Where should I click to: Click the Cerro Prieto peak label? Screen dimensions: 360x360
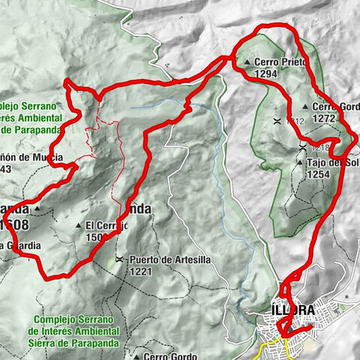click(280, 63)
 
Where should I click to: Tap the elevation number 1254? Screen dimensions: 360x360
click(319, 173)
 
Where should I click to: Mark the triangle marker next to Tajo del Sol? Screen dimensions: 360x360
click(300, 163)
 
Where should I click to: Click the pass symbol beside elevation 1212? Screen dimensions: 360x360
click(277, 120)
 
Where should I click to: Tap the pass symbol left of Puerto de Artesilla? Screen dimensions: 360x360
click(119, 260)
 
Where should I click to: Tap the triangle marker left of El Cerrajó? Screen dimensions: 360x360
click(79, 224)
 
